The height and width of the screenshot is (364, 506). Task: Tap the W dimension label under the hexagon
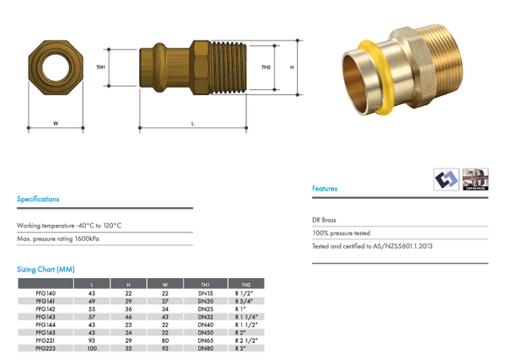pos(56,123)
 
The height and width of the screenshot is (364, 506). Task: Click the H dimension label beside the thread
pos(291,67)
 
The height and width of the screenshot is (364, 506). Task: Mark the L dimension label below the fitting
pos(193,123)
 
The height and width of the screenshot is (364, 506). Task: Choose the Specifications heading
pos(38,200)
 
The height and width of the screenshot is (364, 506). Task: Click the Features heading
pos(325,189)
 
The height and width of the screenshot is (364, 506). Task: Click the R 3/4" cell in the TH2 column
pos(245,300)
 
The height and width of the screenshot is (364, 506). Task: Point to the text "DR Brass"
pos(324,219)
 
